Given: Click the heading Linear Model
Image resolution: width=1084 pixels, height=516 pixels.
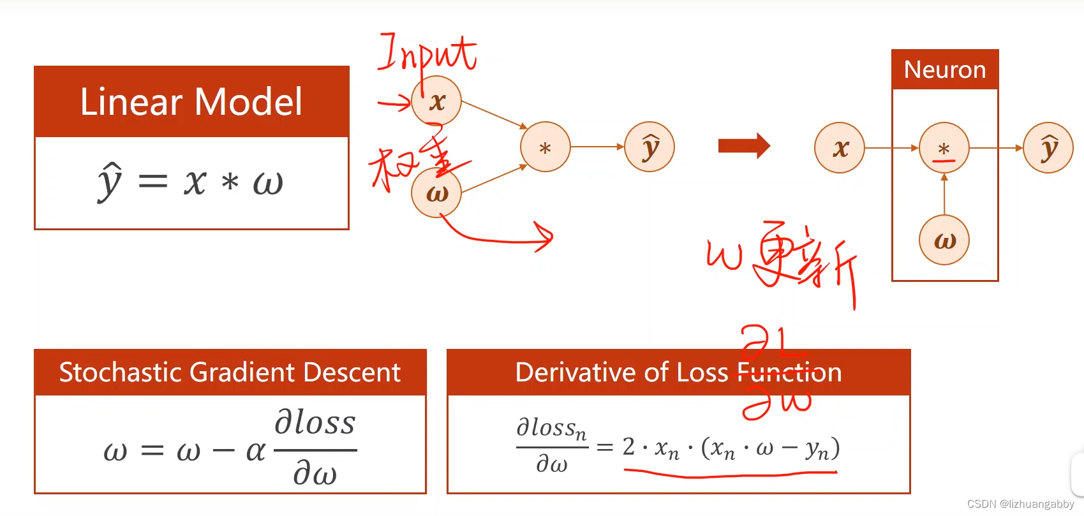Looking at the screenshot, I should (x=191, y=102).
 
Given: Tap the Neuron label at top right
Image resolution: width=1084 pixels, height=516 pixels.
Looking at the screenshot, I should (x=945, y=70).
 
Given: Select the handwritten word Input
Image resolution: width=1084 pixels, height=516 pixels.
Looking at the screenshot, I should (x=427, y=54).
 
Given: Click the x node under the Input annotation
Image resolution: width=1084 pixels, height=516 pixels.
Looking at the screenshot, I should (x=436, y=101).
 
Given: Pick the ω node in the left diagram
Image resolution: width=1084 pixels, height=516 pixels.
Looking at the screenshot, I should (x=436, y=193).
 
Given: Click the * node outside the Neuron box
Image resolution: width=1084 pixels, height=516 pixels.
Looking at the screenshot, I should (x=545, y=147).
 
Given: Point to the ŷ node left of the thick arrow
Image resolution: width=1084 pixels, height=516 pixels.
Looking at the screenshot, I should (x=650, y=147).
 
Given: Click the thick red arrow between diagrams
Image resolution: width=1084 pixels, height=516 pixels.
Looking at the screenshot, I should (x=744, y=146).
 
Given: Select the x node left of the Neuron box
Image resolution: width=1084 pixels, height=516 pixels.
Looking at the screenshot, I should (x=840, y=148).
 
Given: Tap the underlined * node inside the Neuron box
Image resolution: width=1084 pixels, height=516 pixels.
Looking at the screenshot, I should (x=944, y=148).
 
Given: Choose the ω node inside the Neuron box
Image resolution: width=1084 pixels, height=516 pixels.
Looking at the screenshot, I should (x=944, y=240).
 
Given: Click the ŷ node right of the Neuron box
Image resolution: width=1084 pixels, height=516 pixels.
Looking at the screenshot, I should (x=1048, y=148).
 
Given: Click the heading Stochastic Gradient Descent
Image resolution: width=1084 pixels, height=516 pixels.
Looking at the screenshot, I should (x=230, y=372).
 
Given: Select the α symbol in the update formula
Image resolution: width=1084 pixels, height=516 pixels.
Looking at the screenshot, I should (x=255, y=451).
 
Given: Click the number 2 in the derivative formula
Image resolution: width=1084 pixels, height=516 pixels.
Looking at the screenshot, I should (x=628, y=447).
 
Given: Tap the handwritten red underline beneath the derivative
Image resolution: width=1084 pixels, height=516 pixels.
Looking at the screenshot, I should (x=730, y=474).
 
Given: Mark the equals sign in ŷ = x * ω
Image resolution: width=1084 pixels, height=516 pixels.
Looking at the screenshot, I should (x=153, y=182).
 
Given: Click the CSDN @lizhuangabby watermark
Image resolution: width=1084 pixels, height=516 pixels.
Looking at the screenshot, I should (x=1020, y=504).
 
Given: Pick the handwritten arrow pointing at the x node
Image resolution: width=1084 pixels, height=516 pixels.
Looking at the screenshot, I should (x=395, y=102).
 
